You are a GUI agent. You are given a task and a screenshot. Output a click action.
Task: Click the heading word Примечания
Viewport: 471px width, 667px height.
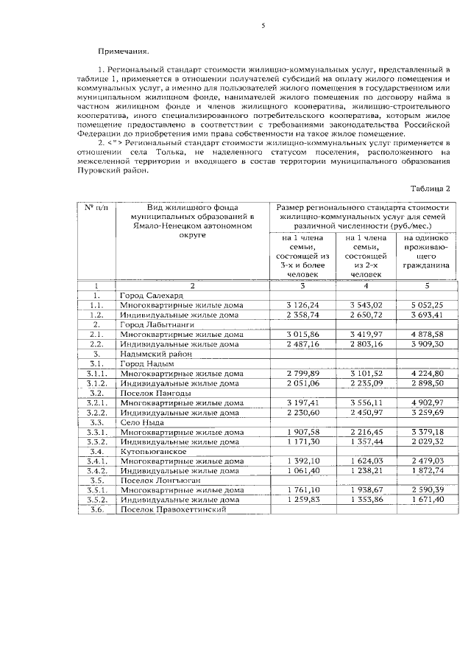[x=123, y=52]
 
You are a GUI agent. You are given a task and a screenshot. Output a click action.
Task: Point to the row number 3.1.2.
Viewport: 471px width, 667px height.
[x=96, y=383]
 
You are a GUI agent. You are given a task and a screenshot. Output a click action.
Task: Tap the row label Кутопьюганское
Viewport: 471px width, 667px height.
[x=153, y=451]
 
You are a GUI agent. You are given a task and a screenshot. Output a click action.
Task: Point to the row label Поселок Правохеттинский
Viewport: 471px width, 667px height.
[x=171, y=509]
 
